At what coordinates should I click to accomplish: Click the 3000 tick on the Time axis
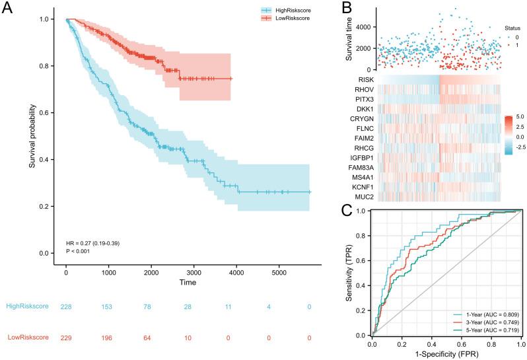point(193,272)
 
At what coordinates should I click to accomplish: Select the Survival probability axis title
point(32,135)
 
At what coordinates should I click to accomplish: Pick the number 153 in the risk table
point(108,306)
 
